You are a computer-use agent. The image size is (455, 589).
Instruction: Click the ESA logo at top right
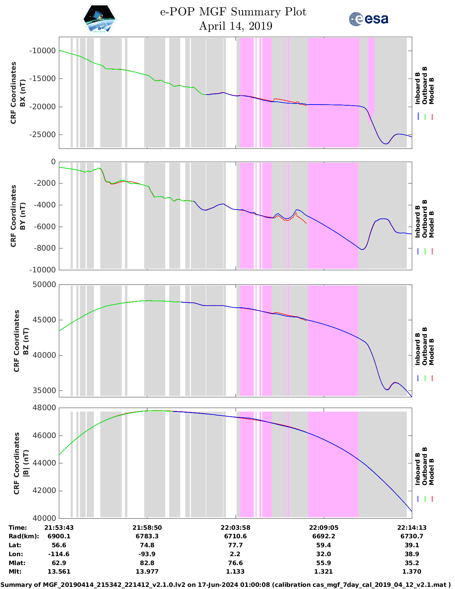point(369,19)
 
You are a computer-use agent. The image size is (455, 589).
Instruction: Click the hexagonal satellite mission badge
point(100,19)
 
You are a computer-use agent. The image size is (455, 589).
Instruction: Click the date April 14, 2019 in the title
point(236,26)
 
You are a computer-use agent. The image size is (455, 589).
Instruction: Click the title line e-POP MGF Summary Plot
point(233,12)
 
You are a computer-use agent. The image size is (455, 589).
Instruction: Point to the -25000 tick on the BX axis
point(42,135)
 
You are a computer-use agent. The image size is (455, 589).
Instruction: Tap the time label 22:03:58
point(235,528)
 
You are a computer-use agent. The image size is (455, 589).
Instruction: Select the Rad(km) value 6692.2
point(323,536)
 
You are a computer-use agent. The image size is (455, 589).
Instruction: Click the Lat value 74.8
point(147,545)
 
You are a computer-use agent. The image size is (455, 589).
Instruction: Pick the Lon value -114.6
point(59,554)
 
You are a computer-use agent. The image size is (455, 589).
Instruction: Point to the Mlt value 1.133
point(235,572)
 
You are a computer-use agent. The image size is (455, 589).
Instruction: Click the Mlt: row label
point(15,572)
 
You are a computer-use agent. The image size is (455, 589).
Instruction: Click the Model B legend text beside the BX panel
point(431,91)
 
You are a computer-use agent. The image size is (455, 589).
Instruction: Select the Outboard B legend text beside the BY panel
point(425,218)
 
